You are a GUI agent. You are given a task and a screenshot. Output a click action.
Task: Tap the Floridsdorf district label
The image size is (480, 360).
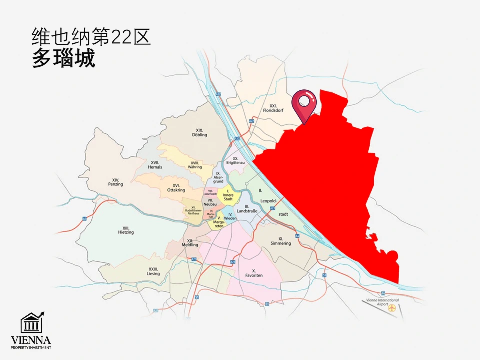click(273, 108)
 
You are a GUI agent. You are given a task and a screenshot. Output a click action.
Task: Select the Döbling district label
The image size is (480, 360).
click(199, 132)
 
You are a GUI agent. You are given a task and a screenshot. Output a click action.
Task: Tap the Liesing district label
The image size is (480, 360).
click(153, 271)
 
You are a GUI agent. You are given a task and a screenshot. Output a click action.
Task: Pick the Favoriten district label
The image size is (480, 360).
click(254, 273)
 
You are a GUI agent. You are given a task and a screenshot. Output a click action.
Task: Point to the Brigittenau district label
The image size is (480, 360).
click(235, 160)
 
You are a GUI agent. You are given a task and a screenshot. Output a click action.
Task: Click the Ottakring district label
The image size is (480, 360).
click(176, 188)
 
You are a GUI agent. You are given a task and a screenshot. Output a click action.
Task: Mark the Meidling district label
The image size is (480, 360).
click(190, 242)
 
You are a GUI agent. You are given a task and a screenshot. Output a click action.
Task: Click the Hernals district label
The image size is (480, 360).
click(155, 165)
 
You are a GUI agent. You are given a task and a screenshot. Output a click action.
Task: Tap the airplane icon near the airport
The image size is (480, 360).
click(393, 308)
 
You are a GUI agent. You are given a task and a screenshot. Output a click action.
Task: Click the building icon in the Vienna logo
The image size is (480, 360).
click(31, 324)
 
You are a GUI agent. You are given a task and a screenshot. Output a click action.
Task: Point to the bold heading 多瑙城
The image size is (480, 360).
click(63, 59)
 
